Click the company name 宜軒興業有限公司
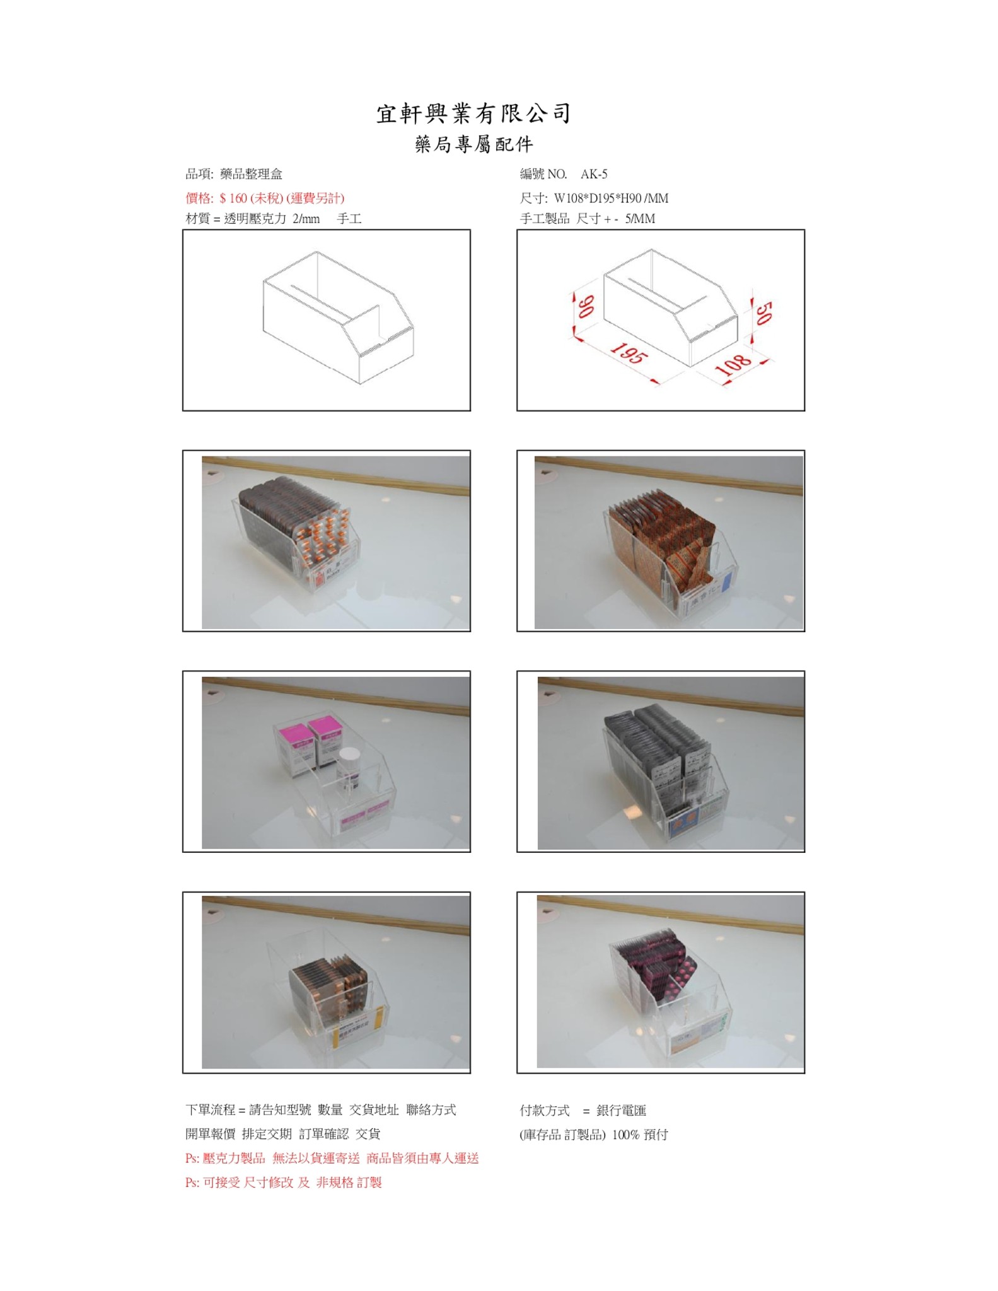tap(473, 114)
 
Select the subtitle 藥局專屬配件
tap(474, 145)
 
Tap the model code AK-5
tap(594, 175)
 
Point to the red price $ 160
tap(233, 199)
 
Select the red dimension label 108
tap(734, 365)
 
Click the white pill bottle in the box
tap(347, 770)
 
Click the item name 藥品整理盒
tap(251, 175)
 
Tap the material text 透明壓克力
tap(255, 219)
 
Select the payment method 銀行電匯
tap(621, 1111)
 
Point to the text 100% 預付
tap(640, 1135)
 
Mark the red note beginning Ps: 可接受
tap(284, 1183)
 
